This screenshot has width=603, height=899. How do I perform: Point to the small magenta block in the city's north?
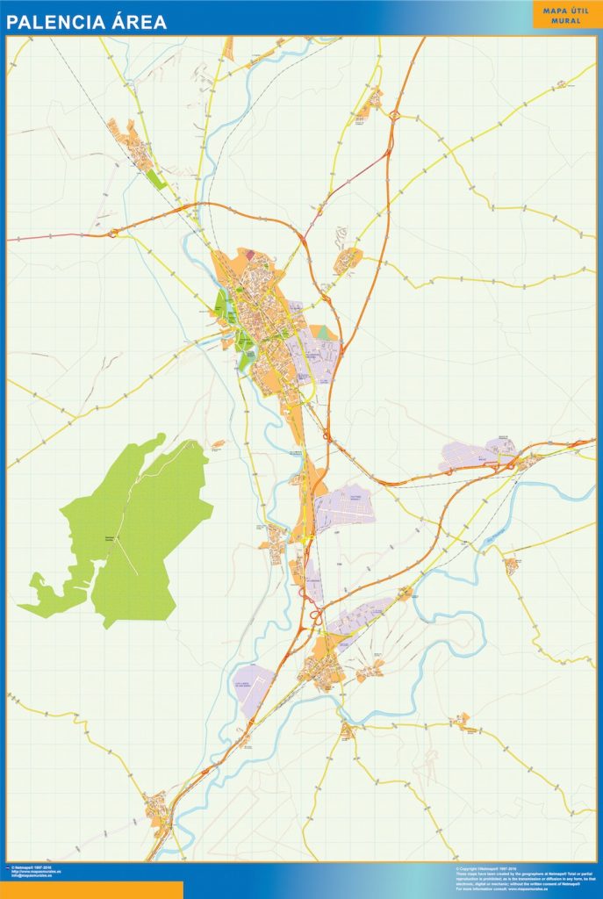click(248, 255)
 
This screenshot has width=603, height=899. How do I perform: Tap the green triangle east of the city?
click(323, 333)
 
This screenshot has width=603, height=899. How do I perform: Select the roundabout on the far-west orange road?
click(113, 234)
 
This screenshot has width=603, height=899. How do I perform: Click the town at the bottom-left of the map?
click(159, 812)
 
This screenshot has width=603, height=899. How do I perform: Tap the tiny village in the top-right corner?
click(561, 85)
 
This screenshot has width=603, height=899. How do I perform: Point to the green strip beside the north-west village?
click(155, 179)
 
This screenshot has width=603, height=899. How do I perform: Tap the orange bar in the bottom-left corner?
click(91, 889)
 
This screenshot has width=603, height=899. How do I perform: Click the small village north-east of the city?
click(348, 260)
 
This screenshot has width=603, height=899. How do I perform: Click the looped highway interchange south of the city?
click(312, 615)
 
